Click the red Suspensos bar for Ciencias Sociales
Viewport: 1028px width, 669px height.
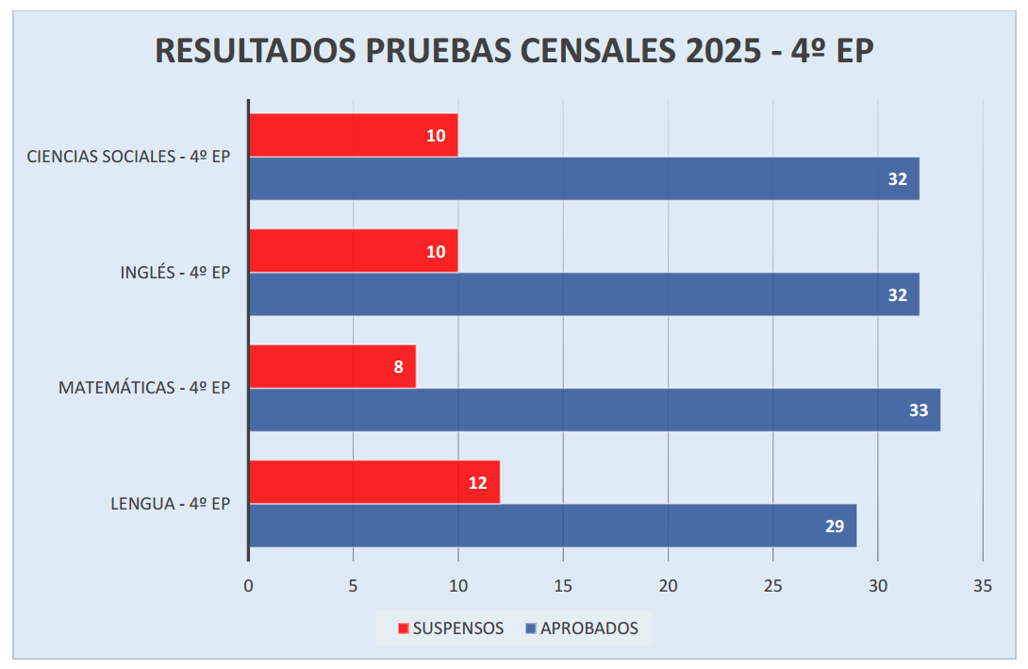(353, 135)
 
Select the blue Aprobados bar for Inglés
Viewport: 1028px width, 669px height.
(584, 294)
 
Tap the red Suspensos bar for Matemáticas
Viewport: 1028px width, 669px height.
(332, 366)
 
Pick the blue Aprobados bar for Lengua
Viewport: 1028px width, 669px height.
(553, 526)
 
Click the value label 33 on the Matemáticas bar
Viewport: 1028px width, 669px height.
(918, 410)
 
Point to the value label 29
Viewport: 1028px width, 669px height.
(835, 527)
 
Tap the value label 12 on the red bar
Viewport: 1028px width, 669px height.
(477, 483)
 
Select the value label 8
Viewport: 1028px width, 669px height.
(398, 367)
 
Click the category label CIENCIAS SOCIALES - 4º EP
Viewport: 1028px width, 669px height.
(128, 157)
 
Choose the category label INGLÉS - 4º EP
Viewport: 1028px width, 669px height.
(175, 273)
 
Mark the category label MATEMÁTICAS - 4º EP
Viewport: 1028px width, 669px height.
(144, 388)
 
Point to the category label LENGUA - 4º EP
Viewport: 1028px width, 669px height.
(171, 504)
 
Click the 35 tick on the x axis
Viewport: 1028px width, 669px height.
(983, 586)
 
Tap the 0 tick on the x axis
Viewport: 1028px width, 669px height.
(248, 586)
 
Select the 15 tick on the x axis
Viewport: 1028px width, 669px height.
(563, 586)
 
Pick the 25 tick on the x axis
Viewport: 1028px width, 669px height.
(773, 586)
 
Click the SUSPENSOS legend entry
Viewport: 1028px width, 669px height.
(450, 628)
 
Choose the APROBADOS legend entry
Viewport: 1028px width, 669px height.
(580, 628)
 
